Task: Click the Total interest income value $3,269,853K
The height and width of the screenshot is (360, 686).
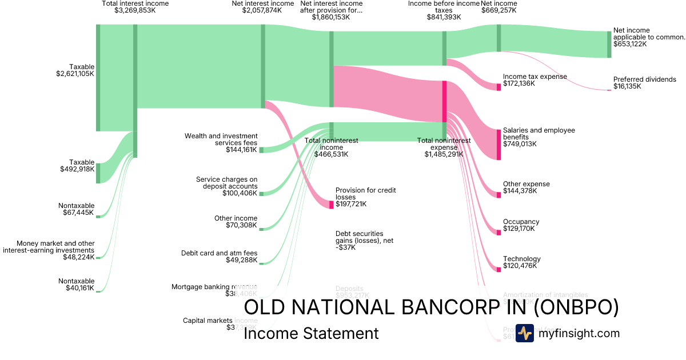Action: click(135, 10)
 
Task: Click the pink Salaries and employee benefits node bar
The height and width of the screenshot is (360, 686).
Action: click(498, 145)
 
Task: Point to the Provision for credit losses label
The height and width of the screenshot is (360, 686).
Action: click(366, 194)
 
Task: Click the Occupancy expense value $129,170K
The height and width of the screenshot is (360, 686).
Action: click(519, 229)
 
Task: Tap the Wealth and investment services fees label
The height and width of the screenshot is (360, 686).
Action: click(221, 139)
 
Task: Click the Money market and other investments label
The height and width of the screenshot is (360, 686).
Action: click(55, 246)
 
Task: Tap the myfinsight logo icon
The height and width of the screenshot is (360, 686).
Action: click(524, 333)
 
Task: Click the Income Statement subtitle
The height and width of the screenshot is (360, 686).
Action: click(311, 334)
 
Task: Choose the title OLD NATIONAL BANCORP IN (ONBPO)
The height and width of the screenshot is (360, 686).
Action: click(431, 307)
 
